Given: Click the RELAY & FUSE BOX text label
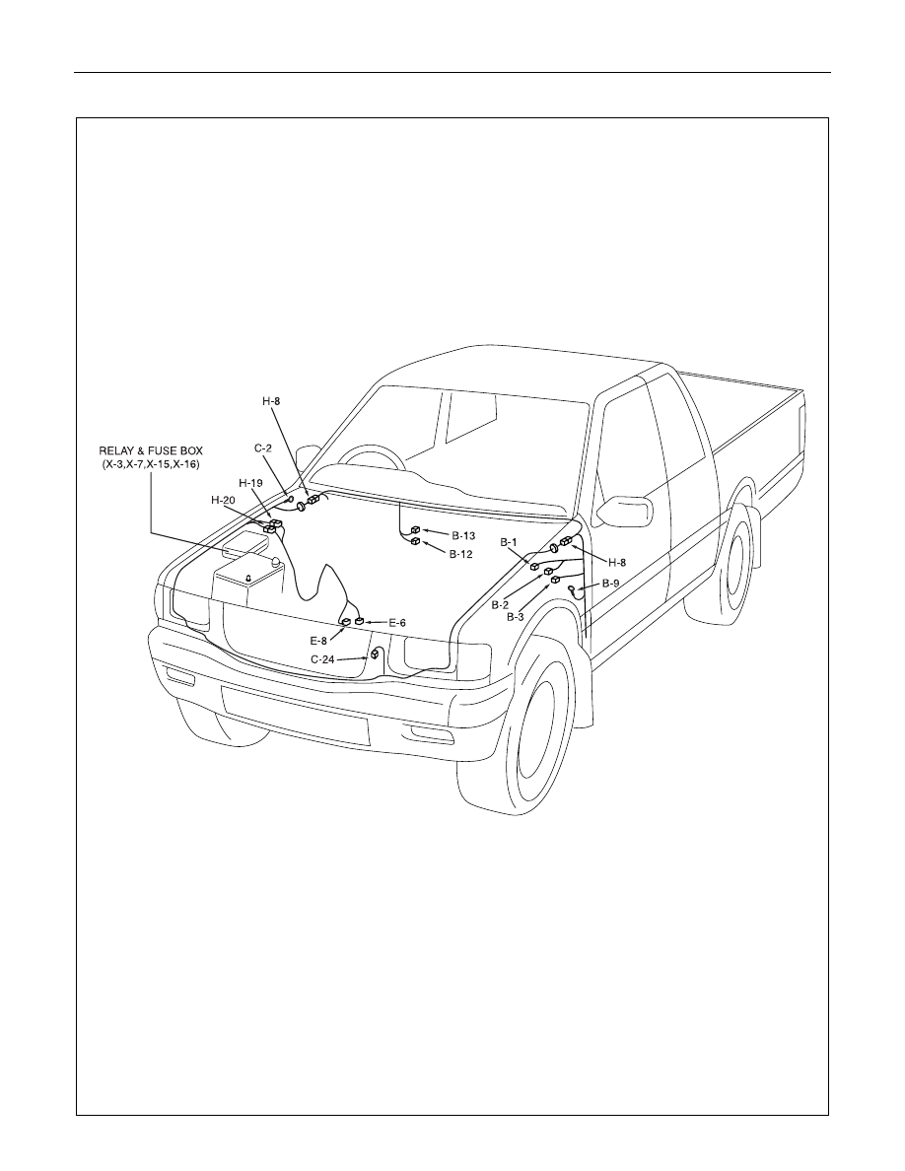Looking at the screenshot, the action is pos(151,451).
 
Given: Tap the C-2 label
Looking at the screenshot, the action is pos(263,448).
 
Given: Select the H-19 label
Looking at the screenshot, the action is pos(250,483).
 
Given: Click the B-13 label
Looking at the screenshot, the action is pos(463,535).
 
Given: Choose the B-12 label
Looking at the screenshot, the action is pos(460,554).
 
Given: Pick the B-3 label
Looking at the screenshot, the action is pos(516,617).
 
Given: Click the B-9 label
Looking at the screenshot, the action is pos(611,584).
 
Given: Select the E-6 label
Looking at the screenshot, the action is pos(397,622).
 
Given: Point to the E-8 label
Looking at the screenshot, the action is pos(318,640).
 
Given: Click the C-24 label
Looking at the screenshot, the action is pos(322,659).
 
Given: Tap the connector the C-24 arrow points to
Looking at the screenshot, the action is pos(375,654).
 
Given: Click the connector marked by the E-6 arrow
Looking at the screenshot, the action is pos(359,620).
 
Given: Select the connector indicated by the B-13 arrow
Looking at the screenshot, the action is pos(416,530).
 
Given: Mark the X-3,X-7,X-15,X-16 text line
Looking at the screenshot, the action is pos(151,464).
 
